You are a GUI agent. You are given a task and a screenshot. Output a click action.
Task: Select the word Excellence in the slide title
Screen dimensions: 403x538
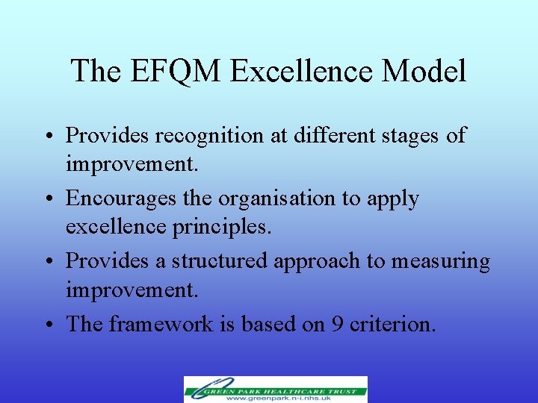(x=303, y=71)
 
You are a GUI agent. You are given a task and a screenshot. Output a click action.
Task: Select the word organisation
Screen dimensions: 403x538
(x=273, y=199)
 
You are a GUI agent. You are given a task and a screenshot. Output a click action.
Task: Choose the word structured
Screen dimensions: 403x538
(x=220, y=261)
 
